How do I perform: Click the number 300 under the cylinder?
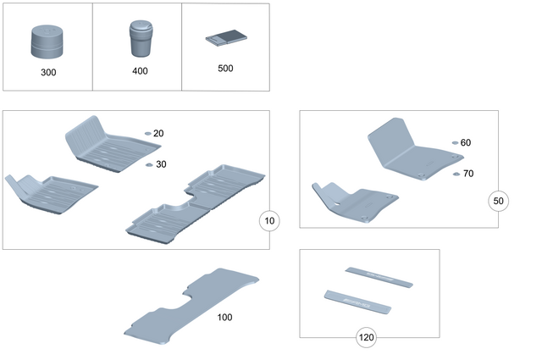coord(48,73)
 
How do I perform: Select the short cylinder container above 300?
coord(48,42)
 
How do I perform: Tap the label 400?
coord(140,71)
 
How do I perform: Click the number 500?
coord(225,69)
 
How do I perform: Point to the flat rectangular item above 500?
coord(225,38)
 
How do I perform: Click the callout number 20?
coord(158,134)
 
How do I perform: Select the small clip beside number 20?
coord(147,134)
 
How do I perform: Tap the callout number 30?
coord(161,164)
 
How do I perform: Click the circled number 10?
coord(268,221)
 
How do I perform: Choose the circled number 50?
coord(499,201)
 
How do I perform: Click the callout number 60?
coord(466,143)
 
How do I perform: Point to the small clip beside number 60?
coord(455,143)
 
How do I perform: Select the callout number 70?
coord(468,174)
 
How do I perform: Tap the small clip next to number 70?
coord(456,174)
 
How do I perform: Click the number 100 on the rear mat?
coord(224,317)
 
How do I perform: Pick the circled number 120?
coord(366,337)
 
